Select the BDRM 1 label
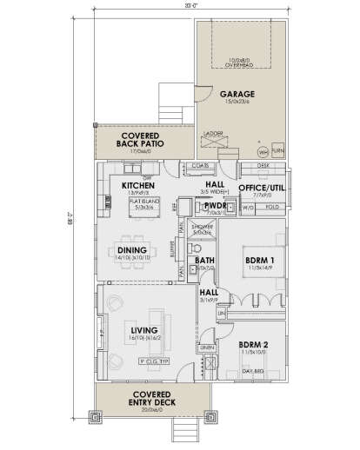(259, 261)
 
